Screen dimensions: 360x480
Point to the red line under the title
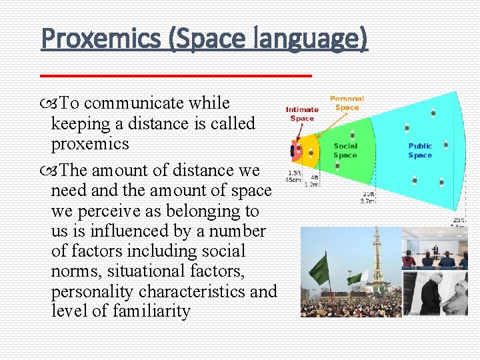[x=176, y=76]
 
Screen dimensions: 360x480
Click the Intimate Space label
[x=302, y=114]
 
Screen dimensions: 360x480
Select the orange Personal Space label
[x=347, y=103]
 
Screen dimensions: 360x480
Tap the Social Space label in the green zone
[x=345, y=151]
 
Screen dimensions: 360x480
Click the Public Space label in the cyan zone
[x=420, y=151]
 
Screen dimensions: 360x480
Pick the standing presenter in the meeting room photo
[x=435, y=250]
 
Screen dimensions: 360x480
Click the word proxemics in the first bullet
[x=90, y=144]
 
